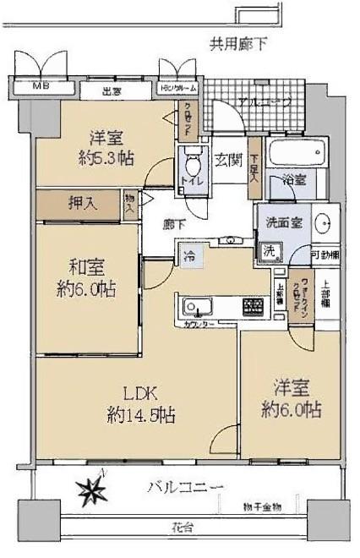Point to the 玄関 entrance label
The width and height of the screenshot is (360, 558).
[225, 156]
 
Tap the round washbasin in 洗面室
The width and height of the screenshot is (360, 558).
[323, 226]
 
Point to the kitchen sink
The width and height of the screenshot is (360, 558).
[189, 304]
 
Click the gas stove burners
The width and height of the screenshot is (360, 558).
[253, 305]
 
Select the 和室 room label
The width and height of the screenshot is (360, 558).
[85, 260]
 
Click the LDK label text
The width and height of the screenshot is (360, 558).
[141, 392]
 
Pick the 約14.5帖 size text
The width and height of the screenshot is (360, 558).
[141, 415]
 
